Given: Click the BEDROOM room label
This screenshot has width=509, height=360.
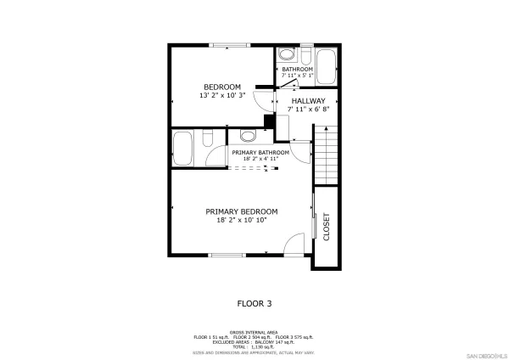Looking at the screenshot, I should coord(221,87).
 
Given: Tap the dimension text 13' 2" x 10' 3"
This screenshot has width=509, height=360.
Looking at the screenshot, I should coord(221,95).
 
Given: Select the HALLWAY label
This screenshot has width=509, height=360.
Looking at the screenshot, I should coord(308,100).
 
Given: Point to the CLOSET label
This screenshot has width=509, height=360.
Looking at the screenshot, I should coord(326,227).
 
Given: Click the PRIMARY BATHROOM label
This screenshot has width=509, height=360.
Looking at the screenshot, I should coord(266,153).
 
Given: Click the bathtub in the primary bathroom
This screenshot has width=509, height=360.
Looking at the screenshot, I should coord(183,150).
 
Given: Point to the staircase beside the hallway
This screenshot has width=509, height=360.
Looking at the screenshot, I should coord(326,155).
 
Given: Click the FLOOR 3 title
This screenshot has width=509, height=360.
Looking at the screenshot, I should coord(254,302).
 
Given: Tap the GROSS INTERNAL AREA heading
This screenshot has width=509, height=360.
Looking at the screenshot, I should coord(255,332).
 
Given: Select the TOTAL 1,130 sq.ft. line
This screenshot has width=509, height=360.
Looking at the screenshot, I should coord(255,347).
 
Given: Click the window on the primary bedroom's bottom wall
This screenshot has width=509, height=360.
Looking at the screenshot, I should coord(227,254).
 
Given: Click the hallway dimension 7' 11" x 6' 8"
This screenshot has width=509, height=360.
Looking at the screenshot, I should coord(308,109).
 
